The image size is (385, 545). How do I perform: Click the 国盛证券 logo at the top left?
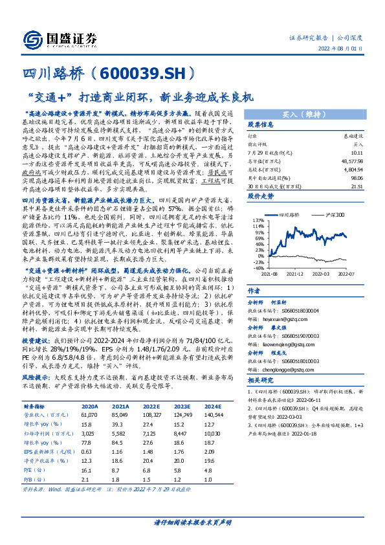[62, 38]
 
